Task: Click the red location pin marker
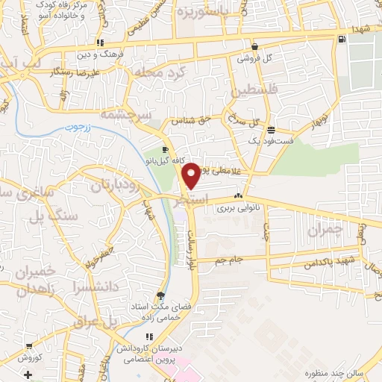click(x=192, y=175)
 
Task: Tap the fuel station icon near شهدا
click(x=342, y=40)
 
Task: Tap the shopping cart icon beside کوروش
click(x=28, y=346)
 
